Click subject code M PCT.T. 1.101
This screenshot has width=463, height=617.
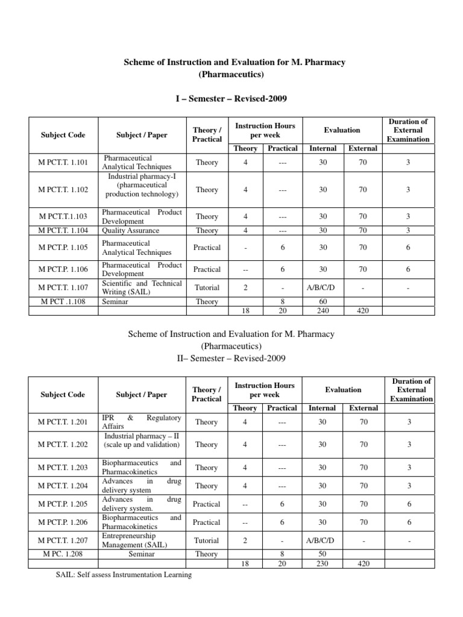tap(63, 162)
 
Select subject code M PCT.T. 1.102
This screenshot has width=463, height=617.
tap(63, 190)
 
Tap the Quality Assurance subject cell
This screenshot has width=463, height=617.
tap(131, 230)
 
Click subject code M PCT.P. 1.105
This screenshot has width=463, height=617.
tap(63, 248)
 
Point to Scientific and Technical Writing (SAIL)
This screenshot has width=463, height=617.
tap(142, 287)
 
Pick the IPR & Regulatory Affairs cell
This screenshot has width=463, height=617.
tap(142, 421)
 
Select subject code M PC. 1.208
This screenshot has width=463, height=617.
tap(63, 554)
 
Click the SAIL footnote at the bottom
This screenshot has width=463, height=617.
tap(124, 575)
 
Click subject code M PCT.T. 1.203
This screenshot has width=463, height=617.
tap(63, 468)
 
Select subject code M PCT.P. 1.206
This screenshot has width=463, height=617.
tap(63, 522)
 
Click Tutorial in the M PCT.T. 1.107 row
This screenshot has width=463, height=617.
tap(207, 288)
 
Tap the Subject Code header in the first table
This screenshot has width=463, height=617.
tap(63, 135)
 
